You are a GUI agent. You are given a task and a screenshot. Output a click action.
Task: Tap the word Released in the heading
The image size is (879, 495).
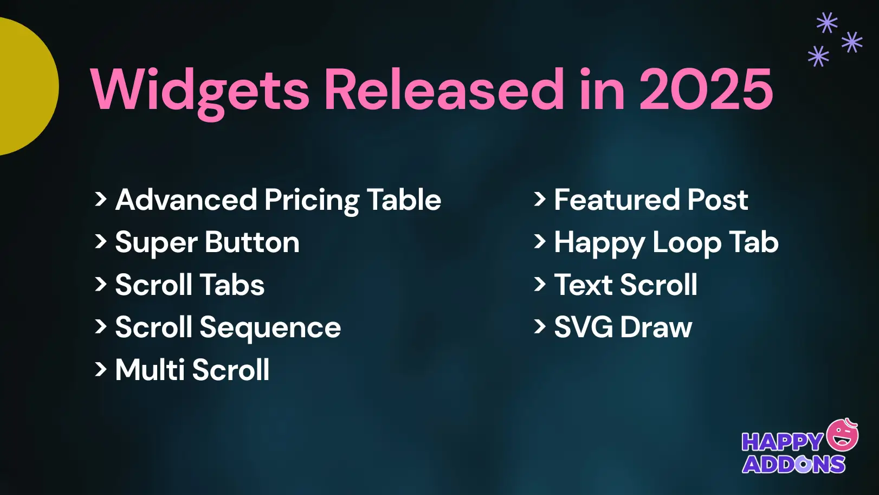pyautogui.click(x=444, y=89)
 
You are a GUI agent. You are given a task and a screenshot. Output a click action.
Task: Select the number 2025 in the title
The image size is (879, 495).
pyautogui.click(x=706, y=89)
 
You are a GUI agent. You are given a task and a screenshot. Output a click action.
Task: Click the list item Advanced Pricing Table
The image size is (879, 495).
pyautogui.click(x=278, y=200)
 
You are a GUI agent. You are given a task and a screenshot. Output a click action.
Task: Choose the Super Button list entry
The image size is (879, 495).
pyautogui.click(x=207, y=242)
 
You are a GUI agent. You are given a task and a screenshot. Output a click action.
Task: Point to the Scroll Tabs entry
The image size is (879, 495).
pyautogui.click(x=190, y=285)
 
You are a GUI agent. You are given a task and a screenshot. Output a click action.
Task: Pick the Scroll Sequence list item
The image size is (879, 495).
pyautogui.click(x=228, y=327)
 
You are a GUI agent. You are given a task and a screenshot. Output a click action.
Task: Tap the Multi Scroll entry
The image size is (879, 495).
pyautogui.click(x=192, y=370)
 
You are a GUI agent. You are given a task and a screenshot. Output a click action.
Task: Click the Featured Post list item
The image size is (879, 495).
pyautogui.click(x=650, y=200)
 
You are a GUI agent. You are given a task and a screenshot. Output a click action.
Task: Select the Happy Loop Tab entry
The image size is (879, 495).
pyautogui.click(x=666, y=242)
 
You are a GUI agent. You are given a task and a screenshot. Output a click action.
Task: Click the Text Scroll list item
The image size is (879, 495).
pyautogui.click(x=625, y=285)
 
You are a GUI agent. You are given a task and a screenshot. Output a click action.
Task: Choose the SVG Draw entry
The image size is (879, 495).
pyautogui.click(x=623, y=327)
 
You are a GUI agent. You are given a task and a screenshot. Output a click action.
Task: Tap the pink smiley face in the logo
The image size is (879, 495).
pyautogui.click(x=843, y=435)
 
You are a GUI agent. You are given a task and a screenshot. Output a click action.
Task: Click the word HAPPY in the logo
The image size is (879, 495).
pyautogui.click(x=782, y=442)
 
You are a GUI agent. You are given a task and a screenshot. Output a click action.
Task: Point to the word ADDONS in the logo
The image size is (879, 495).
pyautogui.click(x=793, y=465)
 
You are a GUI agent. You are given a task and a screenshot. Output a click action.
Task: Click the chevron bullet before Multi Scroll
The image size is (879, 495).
pyautogui.click(x=100, y=370)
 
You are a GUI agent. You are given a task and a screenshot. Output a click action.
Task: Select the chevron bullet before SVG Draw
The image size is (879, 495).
pyautogui.click(x=539, y=327)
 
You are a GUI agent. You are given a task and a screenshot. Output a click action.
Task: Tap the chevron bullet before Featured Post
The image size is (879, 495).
pyautogui.click(x=539, y=200)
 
